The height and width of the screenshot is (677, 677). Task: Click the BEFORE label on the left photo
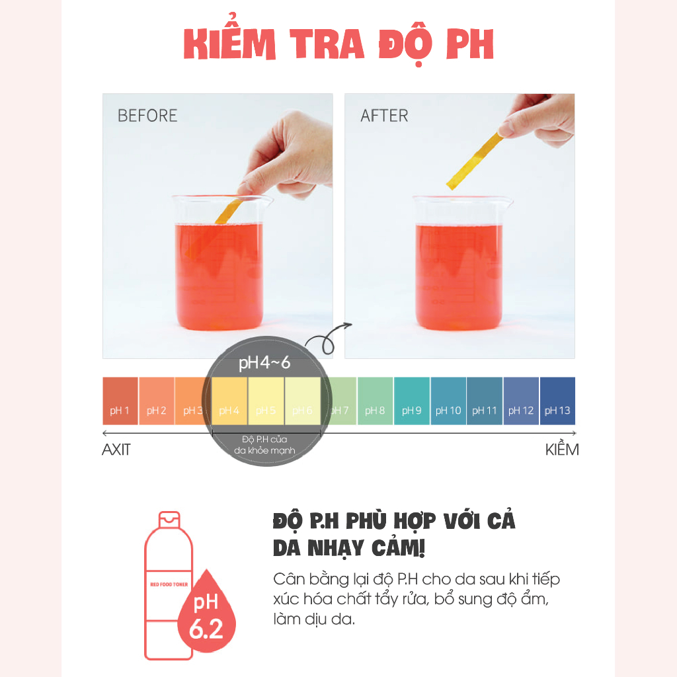pyautogui.click(x=147, y=116)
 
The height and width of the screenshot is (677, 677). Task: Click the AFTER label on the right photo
pyautogui.click(x=384, y=116)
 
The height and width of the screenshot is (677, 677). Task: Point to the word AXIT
pyautogui.click(x=116, y=450)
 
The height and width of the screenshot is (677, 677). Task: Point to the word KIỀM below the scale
pyautogui.click(x=561, y=450)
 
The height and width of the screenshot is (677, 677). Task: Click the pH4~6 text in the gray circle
pyautogui.click(x=264, y=363)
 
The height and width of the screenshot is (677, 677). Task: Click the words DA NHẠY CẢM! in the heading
pyautogui.click(x=348, y=549)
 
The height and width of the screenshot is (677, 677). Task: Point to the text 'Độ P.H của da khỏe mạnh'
pyautogui.click(x=264, y=445)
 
